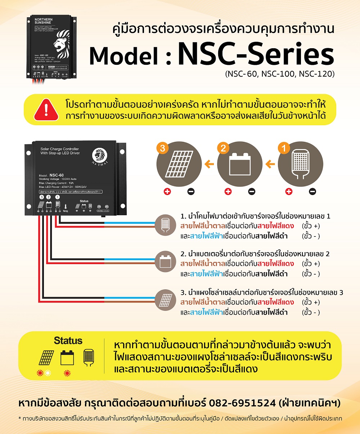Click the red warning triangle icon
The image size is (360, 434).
(x=46, y=109)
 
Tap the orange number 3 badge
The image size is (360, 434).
(x=163, y=148)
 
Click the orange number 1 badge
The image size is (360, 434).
(x=284, y=148)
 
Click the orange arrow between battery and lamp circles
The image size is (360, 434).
(x=270, y=164)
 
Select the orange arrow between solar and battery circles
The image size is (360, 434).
(x=209, y=164)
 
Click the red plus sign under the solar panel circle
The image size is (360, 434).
(x=167, y=191)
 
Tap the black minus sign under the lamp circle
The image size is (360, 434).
(x=312, y=191)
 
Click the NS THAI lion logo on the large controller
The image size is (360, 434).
(x=99, y=155)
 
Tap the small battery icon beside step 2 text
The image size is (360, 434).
(x=166, y=261)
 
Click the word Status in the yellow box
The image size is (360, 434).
(x=68, y=340)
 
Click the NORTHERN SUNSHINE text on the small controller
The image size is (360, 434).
(x=43, y=21)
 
